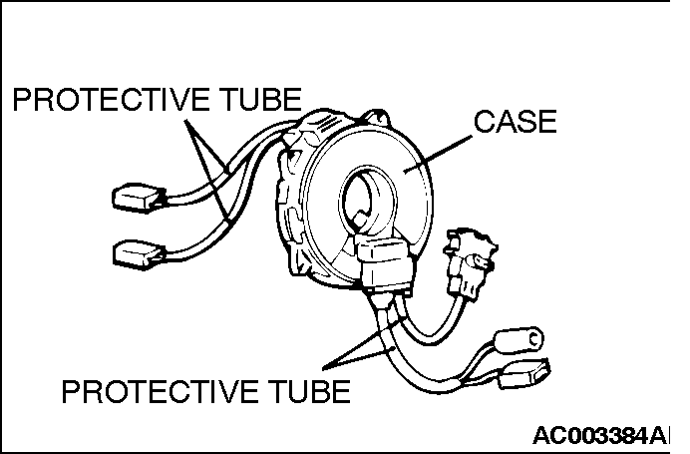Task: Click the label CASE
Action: tap(514, 123)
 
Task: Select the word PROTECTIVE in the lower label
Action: tap(160, 391)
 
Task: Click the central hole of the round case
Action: tap(361, 196)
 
